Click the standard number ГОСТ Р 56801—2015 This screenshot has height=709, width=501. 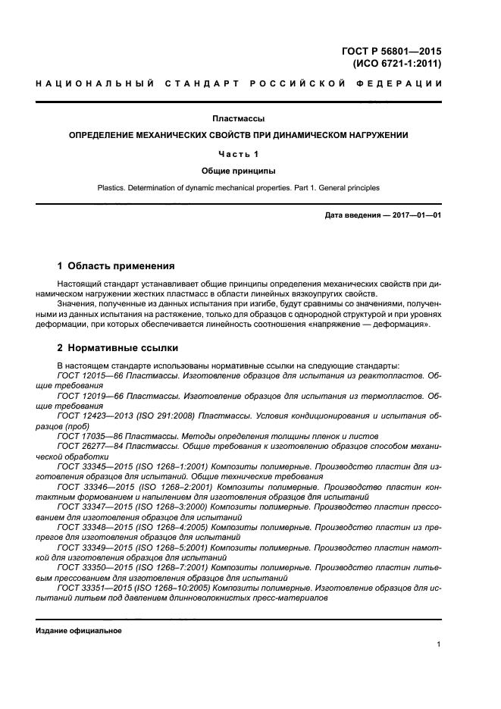pos(391,52)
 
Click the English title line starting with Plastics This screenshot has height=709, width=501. pos(238,187)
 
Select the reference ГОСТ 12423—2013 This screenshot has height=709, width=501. pos(96,416)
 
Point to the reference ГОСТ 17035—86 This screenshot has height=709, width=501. pos(90,437)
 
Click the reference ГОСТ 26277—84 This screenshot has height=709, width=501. pos(90,447)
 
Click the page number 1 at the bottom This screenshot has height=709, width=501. pos(439,645)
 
